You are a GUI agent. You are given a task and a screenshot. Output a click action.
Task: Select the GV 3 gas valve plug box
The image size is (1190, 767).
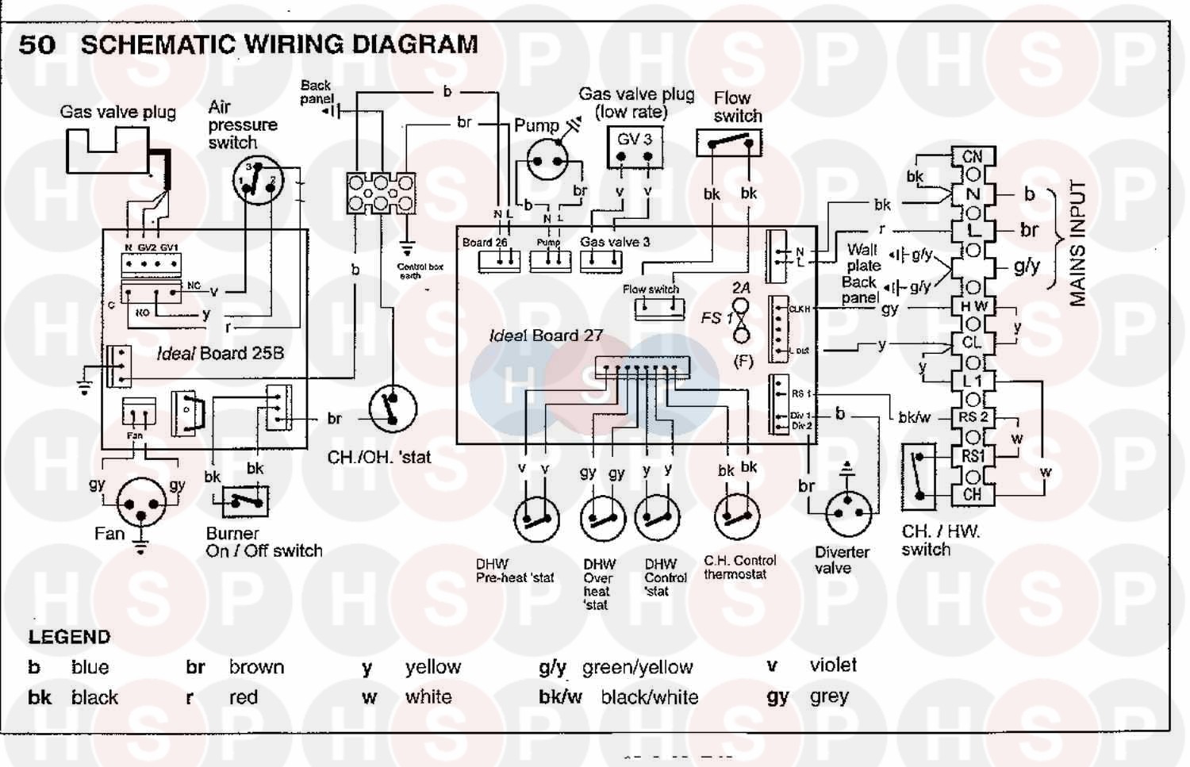click(635, 148)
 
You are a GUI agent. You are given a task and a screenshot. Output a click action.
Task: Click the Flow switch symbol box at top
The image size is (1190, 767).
click(729, 143)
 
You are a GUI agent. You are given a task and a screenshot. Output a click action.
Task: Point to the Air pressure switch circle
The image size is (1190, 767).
click(258, 181)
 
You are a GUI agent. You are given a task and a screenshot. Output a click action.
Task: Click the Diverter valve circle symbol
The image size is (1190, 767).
click(848, 512)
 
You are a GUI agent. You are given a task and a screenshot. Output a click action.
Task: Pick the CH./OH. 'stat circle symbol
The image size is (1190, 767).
click(393, 409)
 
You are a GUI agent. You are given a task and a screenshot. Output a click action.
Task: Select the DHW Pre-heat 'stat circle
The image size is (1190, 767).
click(537, 520)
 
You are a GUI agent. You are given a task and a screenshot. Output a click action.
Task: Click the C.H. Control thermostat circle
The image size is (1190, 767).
click(737, 517)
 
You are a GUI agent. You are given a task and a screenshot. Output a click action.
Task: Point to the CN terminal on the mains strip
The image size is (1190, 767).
click(973, 157)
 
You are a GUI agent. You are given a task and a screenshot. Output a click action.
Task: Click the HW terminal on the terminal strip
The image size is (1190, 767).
click(973, 306)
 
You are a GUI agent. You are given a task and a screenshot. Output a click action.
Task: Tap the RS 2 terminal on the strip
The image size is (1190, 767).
click(973, 417)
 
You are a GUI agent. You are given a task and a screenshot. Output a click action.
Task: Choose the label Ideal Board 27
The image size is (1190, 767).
click(546, 336)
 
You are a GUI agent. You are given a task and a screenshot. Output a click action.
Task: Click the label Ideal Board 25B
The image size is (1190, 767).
click(220, 354)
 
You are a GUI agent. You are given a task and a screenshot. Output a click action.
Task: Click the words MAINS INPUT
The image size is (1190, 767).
click(1077, 243)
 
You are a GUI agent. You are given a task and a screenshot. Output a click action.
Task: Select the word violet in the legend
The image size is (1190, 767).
click(833, 665)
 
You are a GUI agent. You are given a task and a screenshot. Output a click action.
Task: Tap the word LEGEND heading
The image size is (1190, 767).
click(69, 637)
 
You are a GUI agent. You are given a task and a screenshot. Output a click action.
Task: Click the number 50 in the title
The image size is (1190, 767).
click(37, 44)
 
